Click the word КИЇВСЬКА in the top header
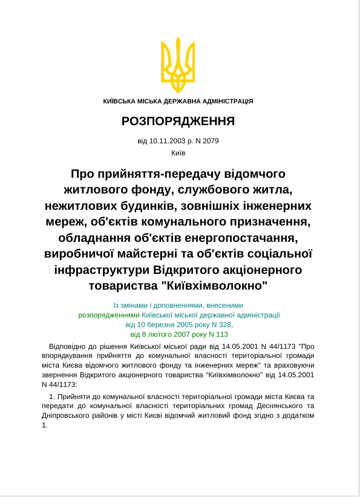pos(120,101)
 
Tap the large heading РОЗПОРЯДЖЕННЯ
pos(178,121)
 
